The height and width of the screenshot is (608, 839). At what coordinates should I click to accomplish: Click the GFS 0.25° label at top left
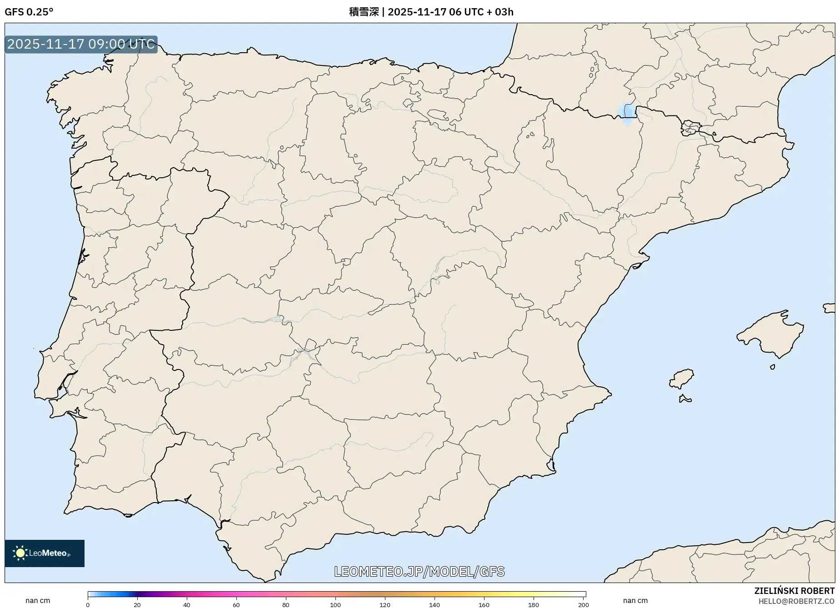[x=29, y=12]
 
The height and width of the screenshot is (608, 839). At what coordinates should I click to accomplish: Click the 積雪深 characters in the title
[x=364, y=12]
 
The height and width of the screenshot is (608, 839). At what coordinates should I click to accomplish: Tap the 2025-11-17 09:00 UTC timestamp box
[x=81, y=44]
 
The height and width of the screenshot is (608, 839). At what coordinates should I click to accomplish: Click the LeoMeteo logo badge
[x=45, y=553]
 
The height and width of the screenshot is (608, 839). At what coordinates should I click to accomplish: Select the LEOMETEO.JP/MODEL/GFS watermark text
[x=419, y=571]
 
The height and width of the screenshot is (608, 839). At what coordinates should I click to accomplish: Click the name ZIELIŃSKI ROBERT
[x=794, y=591]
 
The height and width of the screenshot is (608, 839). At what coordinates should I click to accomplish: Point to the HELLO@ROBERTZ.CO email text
[x=796, y=601]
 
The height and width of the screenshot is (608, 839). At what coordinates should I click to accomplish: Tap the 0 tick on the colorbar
[x=88, y=605]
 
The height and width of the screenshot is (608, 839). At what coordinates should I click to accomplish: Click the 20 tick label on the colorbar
[x=137, y=605]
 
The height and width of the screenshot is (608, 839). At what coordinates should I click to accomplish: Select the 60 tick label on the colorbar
[x=236, y=605]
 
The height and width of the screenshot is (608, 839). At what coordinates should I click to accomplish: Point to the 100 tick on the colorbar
[x=335, y=605]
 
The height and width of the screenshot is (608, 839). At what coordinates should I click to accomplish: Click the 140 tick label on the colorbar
[x=434, y=605]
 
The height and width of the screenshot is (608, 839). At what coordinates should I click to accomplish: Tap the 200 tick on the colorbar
[x=584, y=605]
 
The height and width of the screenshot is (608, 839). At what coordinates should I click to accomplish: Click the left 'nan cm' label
[x=38, y=601]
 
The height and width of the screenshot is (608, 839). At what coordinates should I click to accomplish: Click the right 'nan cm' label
[x=635, y=601]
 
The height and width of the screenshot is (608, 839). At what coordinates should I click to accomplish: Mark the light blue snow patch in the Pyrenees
[x=626, y=114]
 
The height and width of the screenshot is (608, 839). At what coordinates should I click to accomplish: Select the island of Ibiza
[x=682, y=379]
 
